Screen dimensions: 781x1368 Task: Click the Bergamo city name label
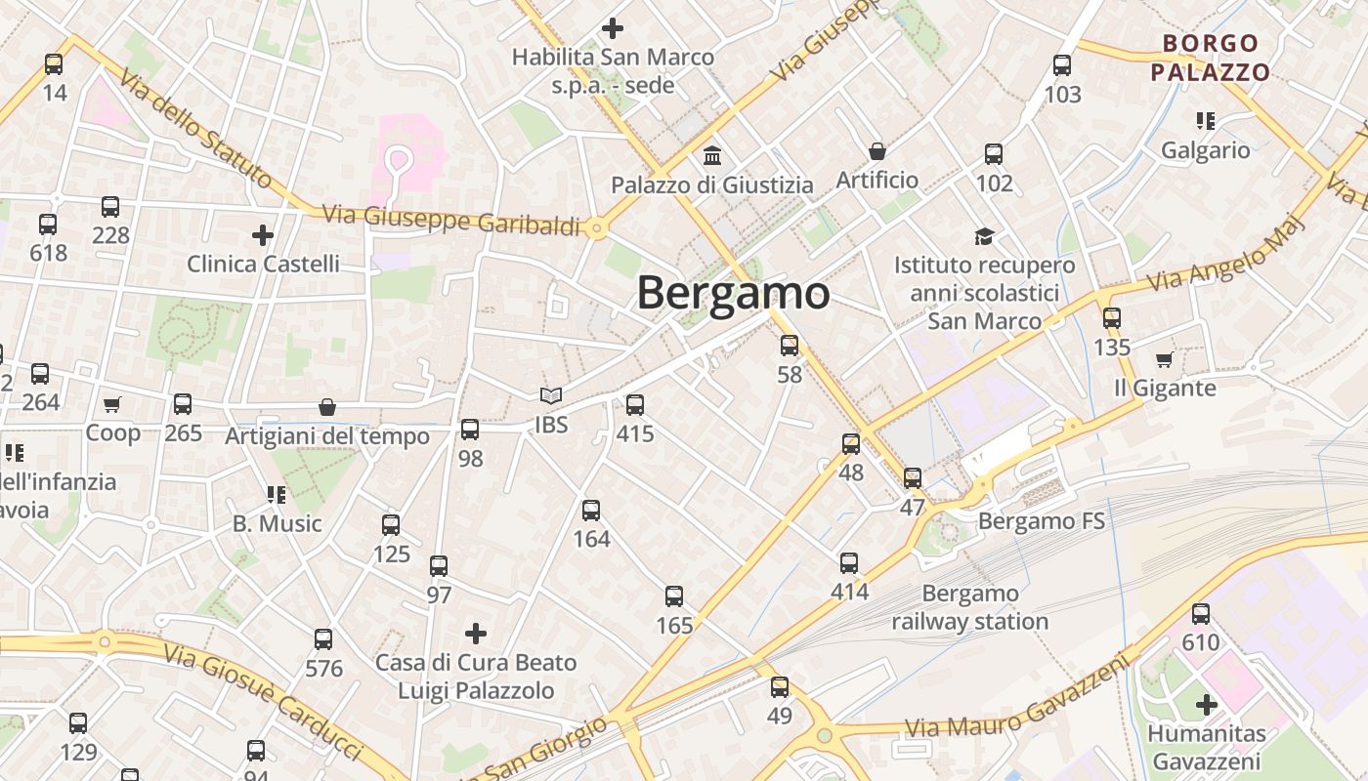[x=733, y=293]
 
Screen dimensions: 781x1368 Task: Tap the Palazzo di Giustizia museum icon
[x=712, y=155]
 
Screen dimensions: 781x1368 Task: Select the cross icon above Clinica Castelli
[x=263, y=235]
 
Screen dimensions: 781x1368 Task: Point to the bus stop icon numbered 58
[x=790, y=345]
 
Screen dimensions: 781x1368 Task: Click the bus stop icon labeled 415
[x=635, y=404]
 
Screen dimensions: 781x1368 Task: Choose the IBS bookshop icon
[x=551, y=396]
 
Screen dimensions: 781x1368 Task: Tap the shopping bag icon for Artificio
[x=877, y=151]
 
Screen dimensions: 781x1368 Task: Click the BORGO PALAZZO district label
[x=1210, y=58]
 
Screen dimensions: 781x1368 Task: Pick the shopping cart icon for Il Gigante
[x=1164, y=359]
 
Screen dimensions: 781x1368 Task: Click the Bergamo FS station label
[x=1041, y=521]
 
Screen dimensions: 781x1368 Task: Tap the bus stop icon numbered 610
[x=1201, y=613]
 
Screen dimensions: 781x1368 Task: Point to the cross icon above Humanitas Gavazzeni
[x=1207, y=704]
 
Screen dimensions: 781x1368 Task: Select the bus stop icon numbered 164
[x=591, y=510]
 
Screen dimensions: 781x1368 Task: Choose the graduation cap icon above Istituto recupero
[x=984, y=236]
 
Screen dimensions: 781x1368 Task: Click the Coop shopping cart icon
[x=112, y=404]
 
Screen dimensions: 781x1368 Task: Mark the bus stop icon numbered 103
[x=1062, y=65]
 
